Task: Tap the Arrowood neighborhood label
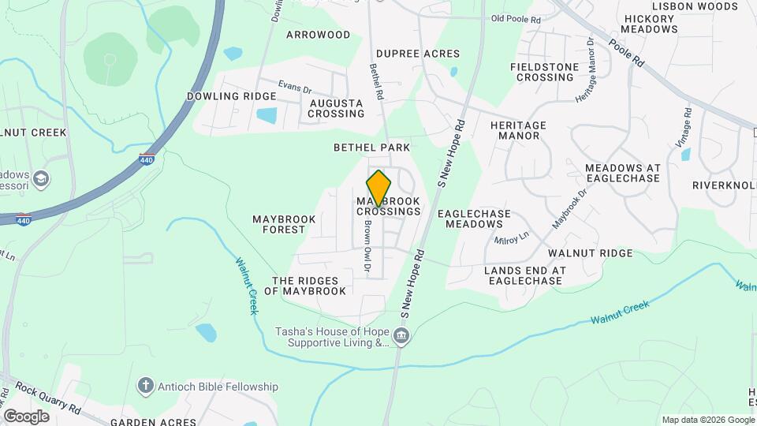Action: [318, 35]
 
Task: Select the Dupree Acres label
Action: [417, 54]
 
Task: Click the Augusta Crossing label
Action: [336, 108]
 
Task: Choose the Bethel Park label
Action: [371, 148]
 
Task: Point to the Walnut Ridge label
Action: [591, 253]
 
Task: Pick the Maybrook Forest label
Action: [284, 224]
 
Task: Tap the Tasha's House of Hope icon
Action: [401, 338]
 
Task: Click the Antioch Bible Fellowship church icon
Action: [144, 386]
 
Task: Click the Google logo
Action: [26, 416]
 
